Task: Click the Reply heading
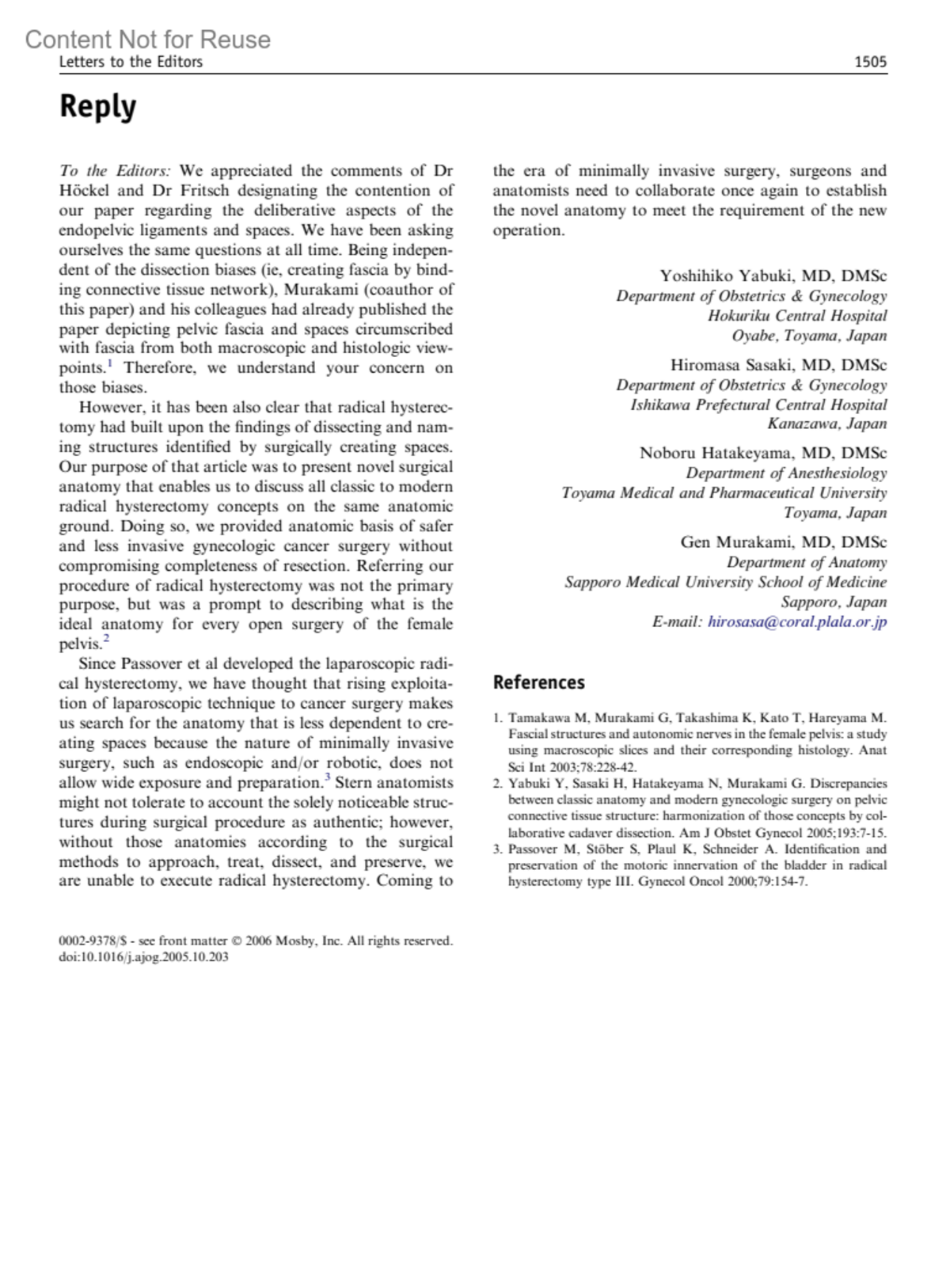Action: (x=97, y=106)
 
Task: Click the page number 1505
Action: (x=870, y=62)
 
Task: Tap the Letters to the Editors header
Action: (x=131, y=62)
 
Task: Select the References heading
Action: (x=538, y=682)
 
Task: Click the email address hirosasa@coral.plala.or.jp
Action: (x=796, y=621)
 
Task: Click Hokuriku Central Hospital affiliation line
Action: (x=796, y=316)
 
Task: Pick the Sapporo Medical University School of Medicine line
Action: (x=725, y=582)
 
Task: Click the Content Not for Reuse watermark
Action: (x=147, y=39)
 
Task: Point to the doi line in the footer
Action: (x=143, y=956)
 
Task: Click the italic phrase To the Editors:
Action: (x=115, y=171)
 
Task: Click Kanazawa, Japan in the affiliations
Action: (x=826, y=424)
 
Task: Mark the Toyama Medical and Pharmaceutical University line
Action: (x=724, y=493)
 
